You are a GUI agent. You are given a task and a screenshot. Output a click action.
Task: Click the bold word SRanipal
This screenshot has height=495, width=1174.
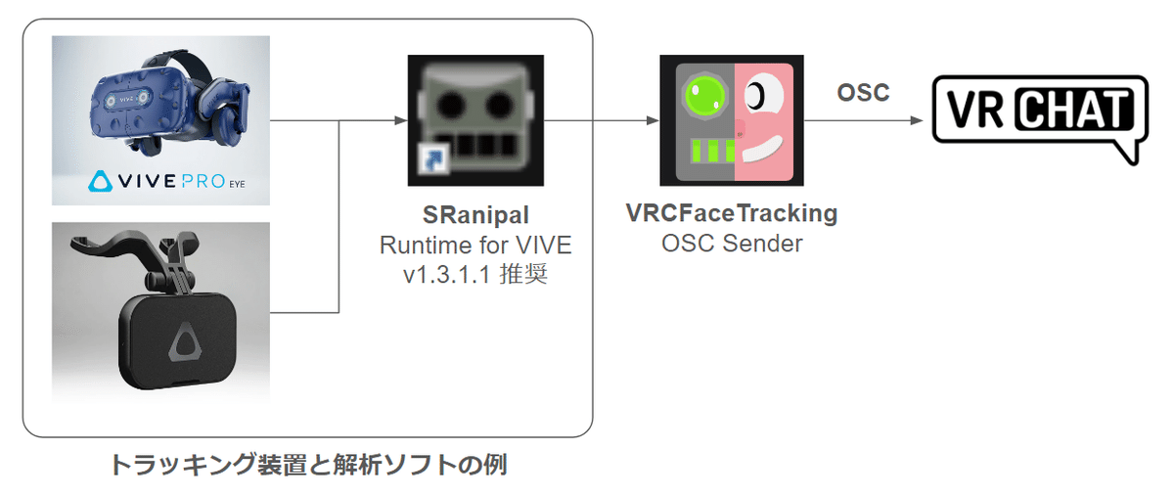pos(475,214)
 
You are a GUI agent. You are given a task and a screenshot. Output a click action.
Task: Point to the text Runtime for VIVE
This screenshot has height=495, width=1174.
pos(475,244)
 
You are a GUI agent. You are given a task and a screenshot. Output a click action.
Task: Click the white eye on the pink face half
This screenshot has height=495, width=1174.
pos(757,94)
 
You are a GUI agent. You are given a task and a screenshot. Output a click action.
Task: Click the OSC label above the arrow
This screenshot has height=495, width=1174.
pos(863,93)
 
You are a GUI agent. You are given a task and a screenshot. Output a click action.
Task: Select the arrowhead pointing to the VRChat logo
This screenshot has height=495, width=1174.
pos(916,120)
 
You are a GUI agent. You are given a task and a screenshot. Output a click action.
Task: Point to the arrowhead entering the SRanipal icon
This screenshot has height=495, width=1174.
pos(400,120)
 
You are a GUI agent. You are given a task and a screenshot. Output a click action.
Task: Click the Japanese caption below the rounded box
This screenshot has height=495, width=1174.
pos(307,464)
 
